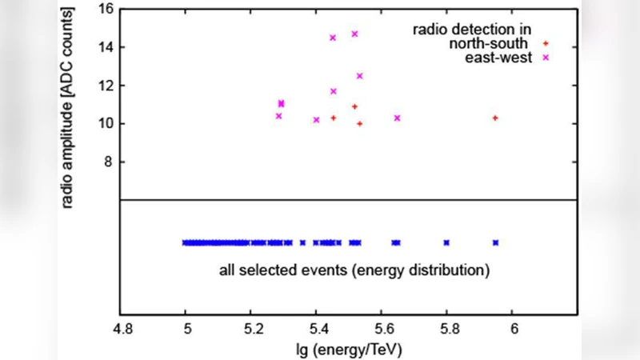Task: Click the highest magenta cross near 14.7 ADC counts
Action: click(354, 34)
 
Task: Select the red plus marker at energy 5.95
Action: click(495, 118)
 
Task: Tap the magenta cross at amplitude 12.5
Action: click(359, 76)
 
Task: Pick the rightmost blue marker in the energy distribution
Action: click(495, 242)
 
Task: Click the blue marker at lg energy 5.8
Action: click(446, 242)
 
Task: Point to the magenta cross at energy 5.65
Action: click(397, 118)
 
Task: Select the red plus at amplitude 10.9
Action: click(354, 106)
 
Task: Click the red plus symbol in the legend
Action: click(545, 44)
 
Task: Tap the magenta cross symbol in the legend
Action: click(545, 58)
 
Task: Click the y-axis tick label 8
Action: click(106, 162)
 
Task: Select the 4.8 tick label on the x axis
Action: click(120, 329)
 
